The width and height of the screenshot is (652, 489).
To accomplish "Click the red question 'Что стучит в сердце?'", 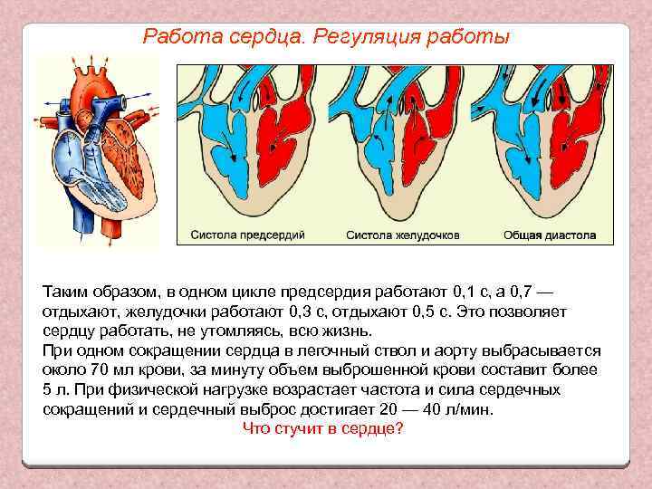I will [x=323, y=428].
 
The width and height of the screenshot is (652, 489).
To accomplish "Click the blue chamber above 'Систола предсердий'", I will [x=214, y=127].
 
